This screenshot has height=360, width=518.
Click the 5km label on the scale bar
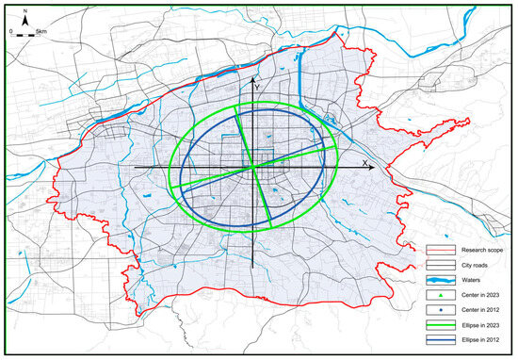tap(42, 31)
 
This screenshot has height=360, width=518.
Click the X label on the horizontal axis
tap(364, 162)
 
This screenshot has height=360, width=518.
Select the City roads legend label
tap(474, 265)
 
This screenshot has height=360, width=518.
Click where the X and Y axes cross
tap(253, 169)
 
